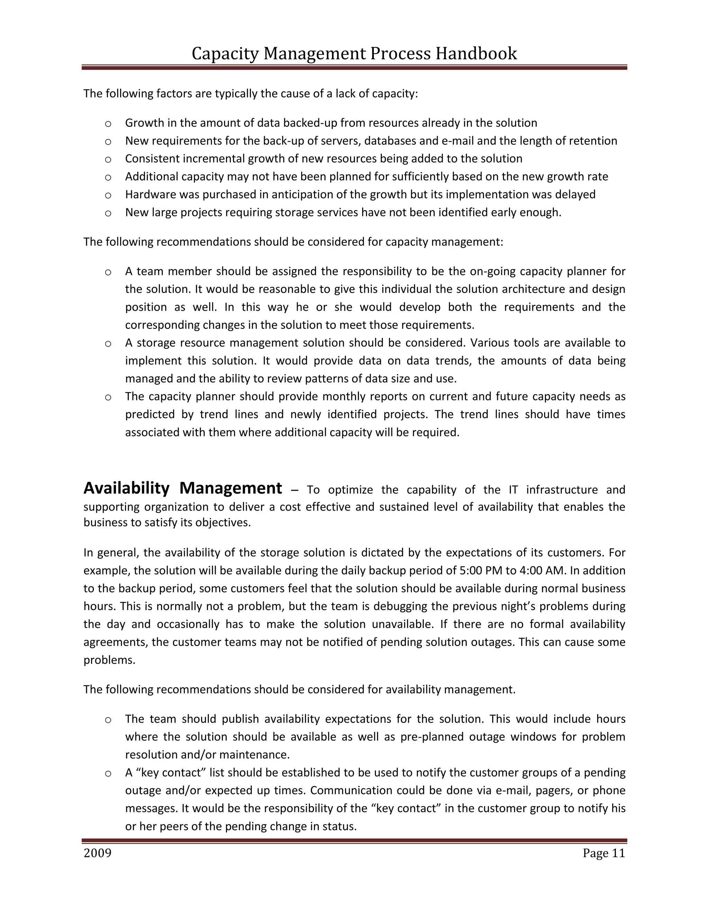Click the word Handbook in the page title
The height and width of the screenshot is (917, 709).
pyautogui.click(x=476, y=54)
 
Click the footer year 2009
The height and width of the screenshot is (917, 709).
pyautogui.click(x=97, y=853)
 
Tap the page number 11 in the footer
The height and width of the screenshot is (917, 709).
pyautogui.click(x=618, y=853)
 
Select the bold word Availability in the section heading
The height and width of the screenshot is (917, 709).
pyautogui.click(x=126, y=488)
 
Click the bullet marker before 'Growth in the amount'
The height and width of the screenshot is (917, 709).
pyautogui.click(x=108, y=124)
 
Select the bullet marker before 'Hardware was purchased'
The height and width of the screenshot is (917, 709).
pyautogui.click(x=108, y=195)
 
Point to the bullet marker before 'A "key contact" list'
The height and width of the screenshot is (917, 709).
pyautogui.click(x=108, y=773)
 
